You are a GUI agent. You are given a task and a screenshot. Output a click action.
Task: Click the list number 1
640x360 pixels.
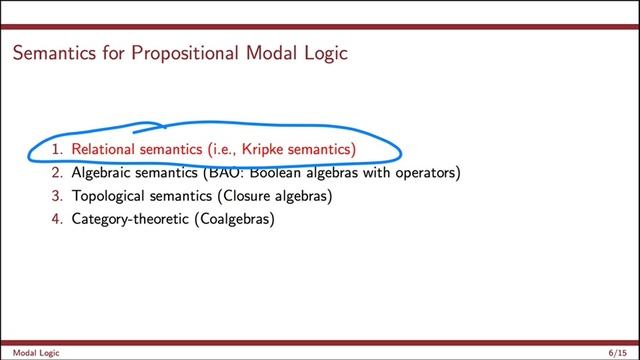coord(58,150)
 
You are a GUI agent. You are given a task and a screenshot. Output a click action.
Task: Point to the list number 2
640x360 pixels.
coord(58,173)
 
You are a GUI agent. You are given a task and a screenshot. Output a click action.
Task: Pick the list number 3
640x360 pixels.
coord(58,195)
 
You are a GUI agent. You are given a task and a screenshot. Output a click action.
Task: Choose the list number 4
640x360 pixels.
coord(58,217)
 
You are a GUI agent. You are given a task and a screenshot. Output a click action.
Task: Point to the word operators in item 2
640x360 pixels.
coord(422,173)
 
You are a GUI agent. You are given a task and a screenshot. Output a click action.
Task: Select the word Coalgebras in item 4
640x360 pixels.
coord(240,217)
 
